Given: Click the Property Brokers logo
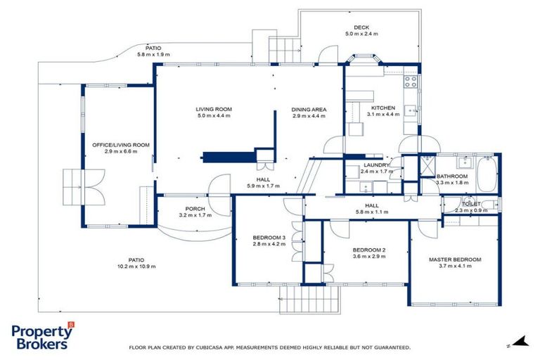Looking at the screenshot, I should pos(42,337).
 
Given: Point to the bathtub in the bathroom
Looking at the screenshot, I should pos(487,174).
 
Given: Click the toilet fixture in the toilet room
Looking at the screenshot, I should pos(496,204).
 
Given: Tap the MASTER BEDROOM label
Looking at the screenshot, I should pos(455,259).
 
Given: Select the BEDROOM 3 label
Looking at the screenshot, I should pos(268,238).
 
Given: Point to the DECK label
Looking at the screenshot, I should pos(361,27).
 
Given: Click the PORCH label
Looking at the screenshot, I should pos(195,209).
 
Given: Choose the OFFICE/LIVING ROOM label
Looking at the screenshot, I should pos(121,145).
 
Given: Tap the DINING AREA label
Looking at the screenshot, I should pos(309,110).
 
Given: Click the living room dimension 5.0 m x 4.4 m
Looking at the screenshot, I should pos(214,116).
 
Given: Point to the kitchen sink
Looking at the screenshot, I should pos(413,110).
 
